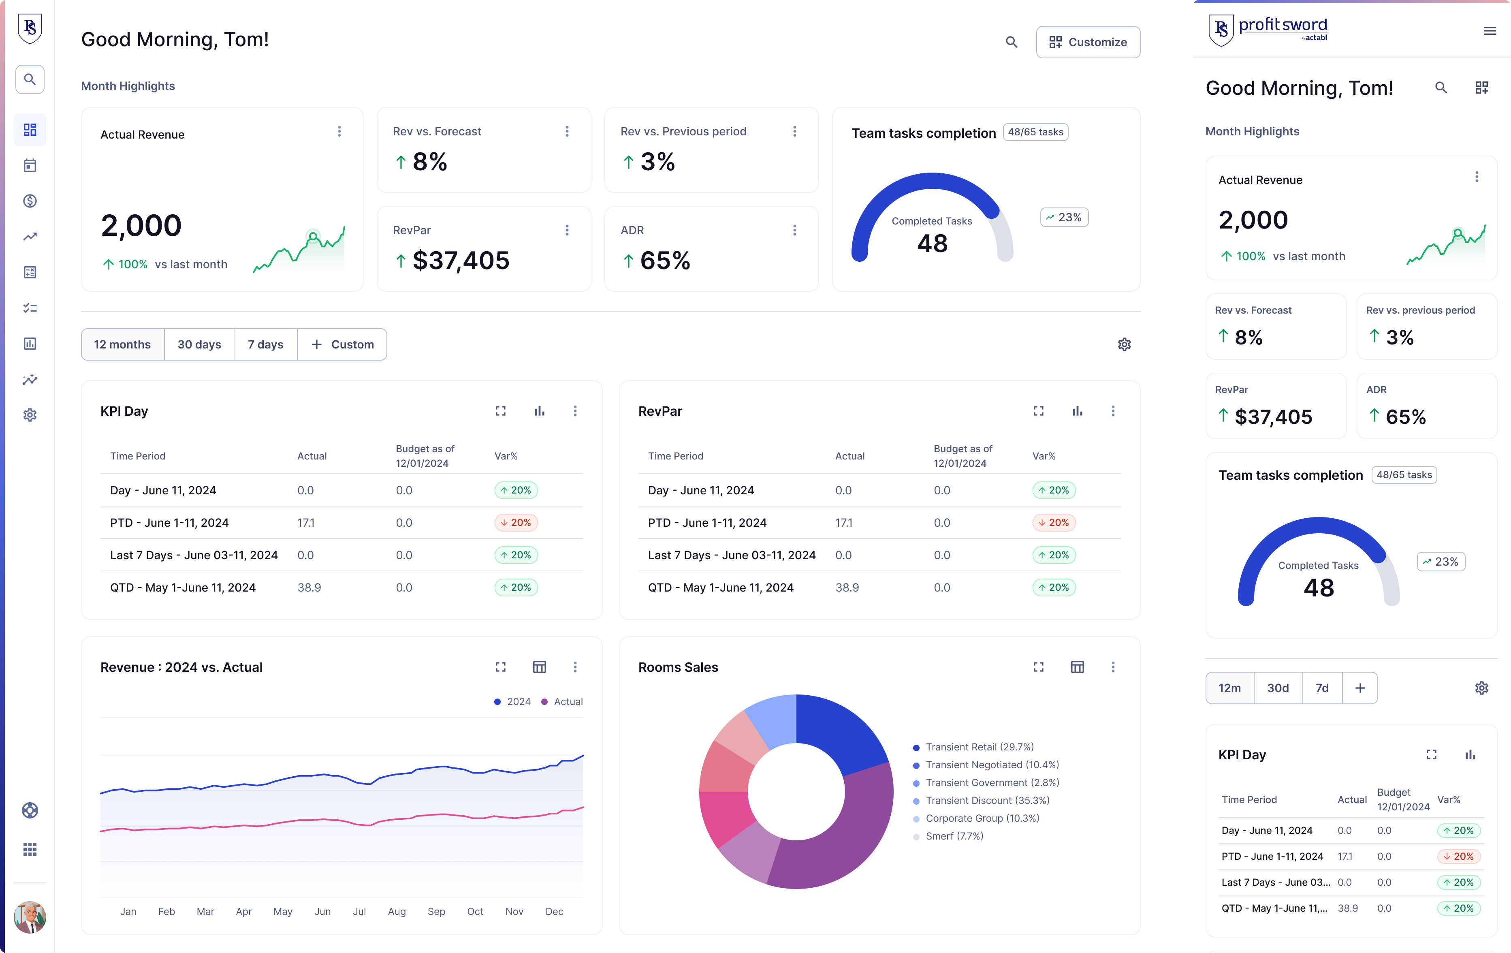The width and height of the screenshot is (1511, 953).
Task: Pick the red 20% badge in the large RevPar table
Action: (1054, 522)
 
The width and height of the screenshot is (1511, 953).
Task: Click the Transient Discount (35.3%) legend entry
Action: (987, 800)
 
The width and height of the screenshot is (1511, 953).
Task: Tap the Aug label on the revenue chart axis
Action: (397, 911)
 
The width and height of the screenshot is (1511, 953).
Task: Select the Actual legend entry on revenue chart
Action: (567, 701)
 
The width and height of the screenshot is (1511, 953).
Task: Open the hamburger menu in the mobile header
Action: (1489, 31)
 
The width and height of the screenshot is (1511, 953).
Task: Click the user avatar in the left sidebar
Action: (30, 917)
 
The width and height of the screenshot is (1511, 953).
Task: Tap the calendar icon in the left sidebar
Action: (30, 165)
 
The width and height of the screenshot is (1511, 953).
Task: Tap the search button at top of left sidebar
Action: (30, 79)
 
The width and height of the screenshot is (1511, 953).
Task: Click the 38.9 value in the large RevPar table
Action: (847, 588)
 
